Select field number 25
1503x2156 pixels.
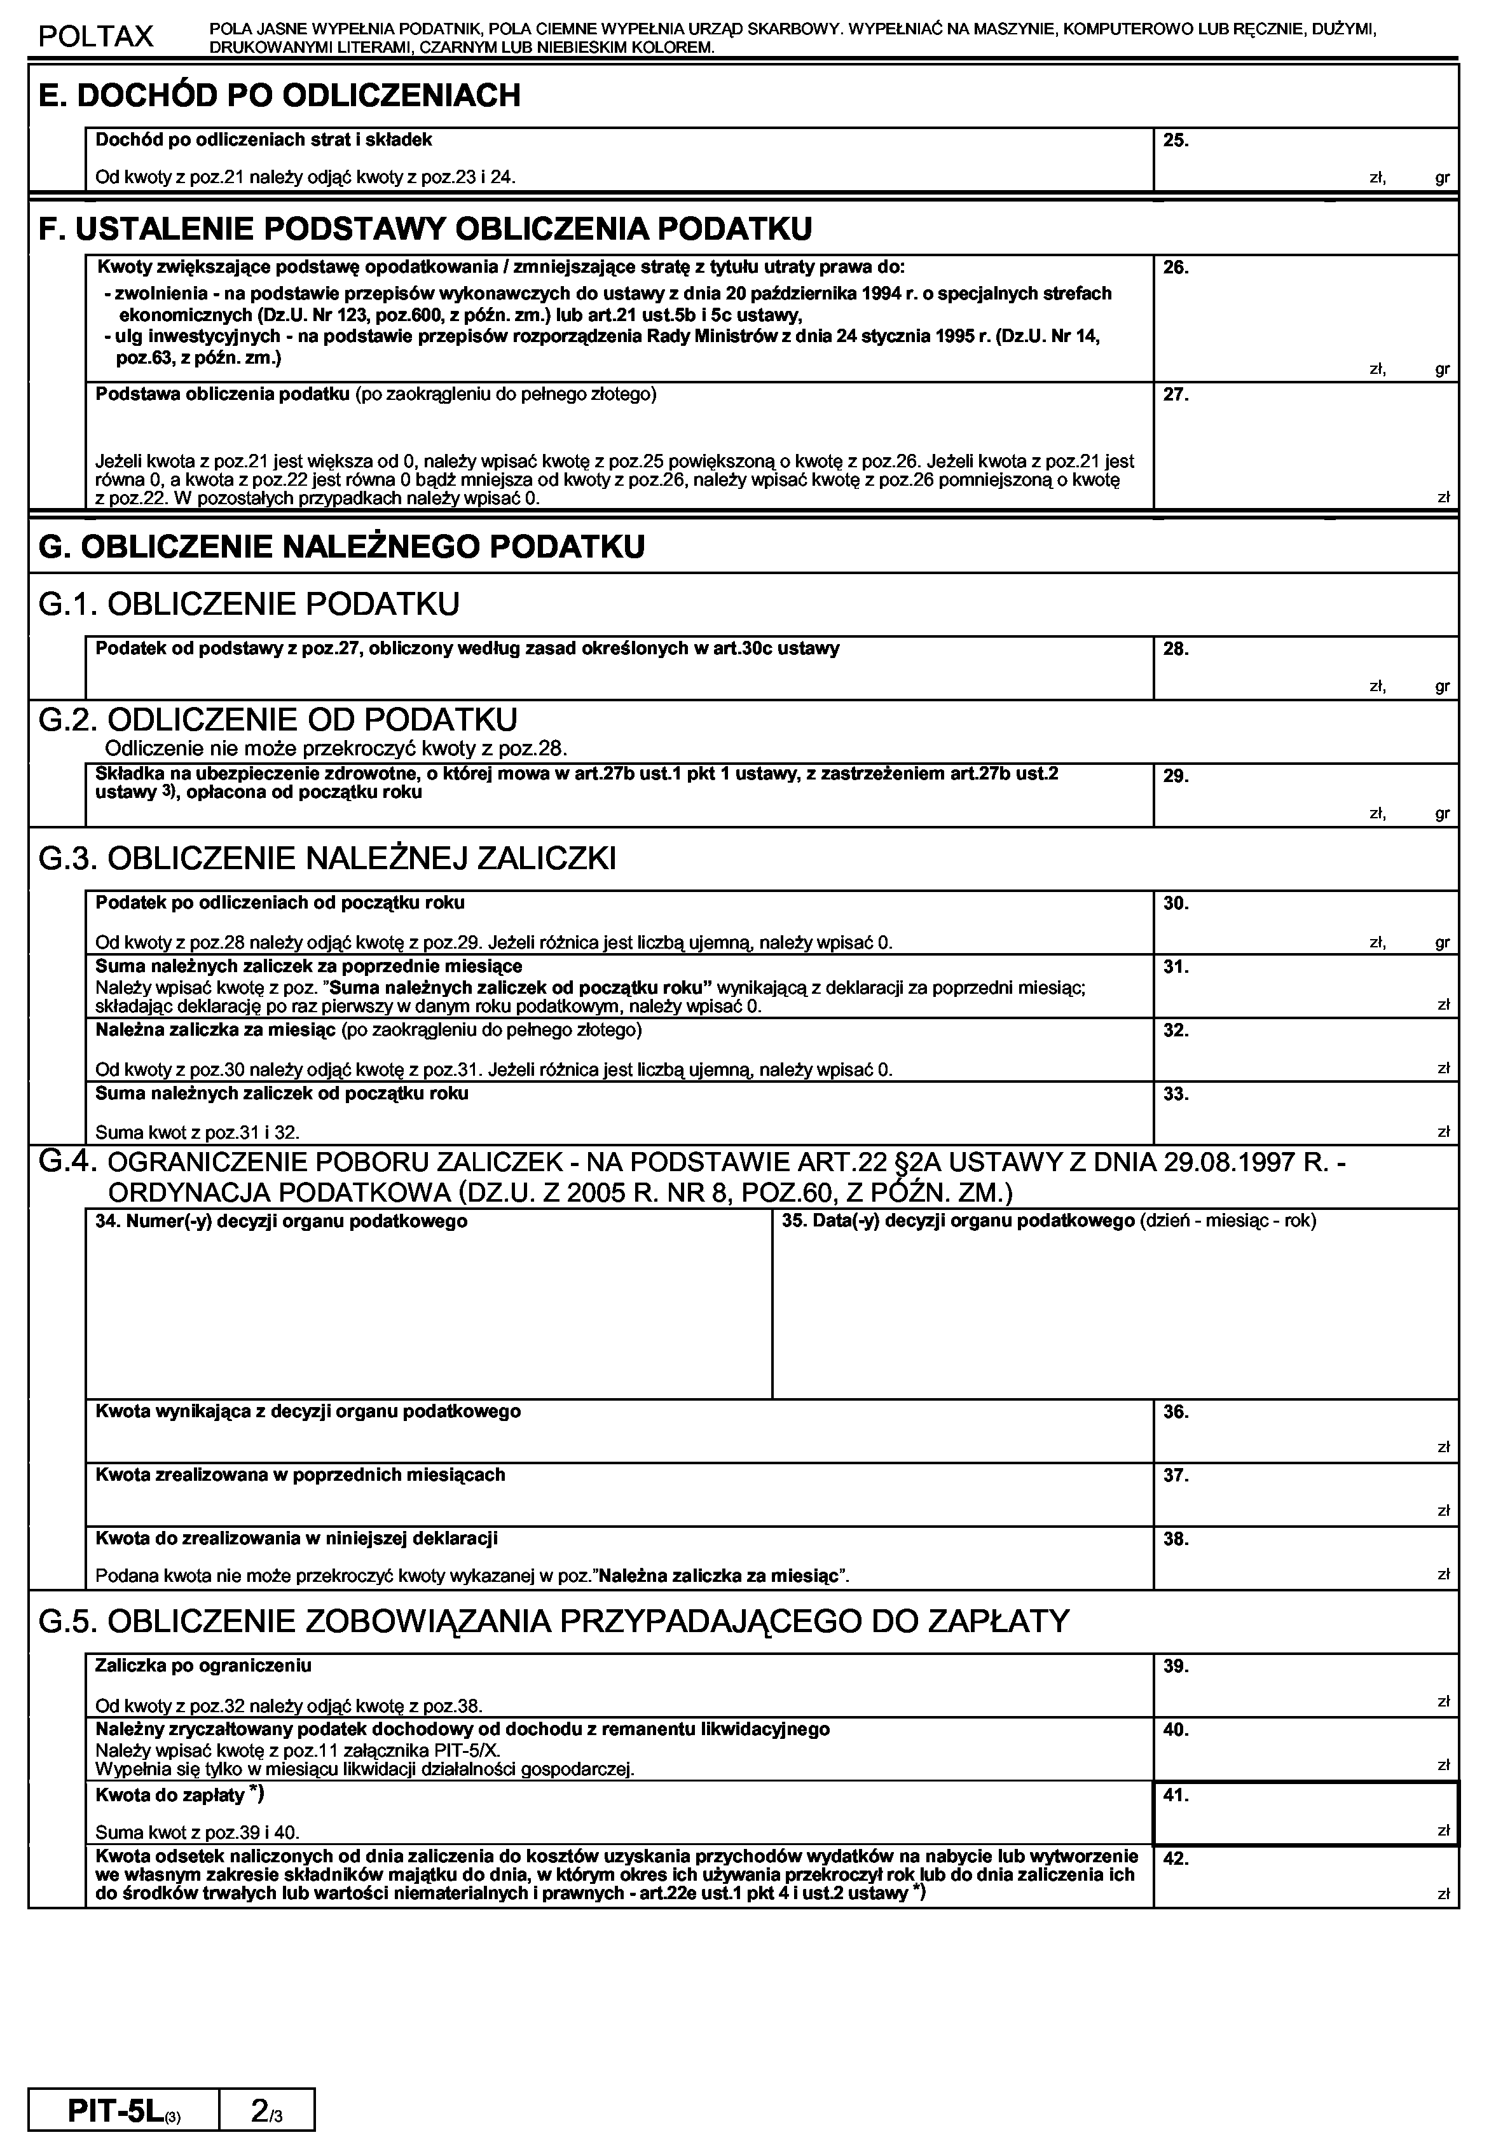tap(1305, 160)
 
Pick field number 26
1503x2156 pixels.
tap(1305, 319)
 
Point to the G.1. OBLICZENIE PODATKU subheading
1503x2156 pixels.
tap(249, 604)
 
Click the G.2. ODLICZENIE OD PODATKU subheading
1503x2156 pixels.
tap(278, 720)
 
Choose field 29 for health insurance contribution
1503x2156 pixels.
tap(1305, 795)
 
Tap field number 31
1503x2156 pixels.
tap(1305, 987)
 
